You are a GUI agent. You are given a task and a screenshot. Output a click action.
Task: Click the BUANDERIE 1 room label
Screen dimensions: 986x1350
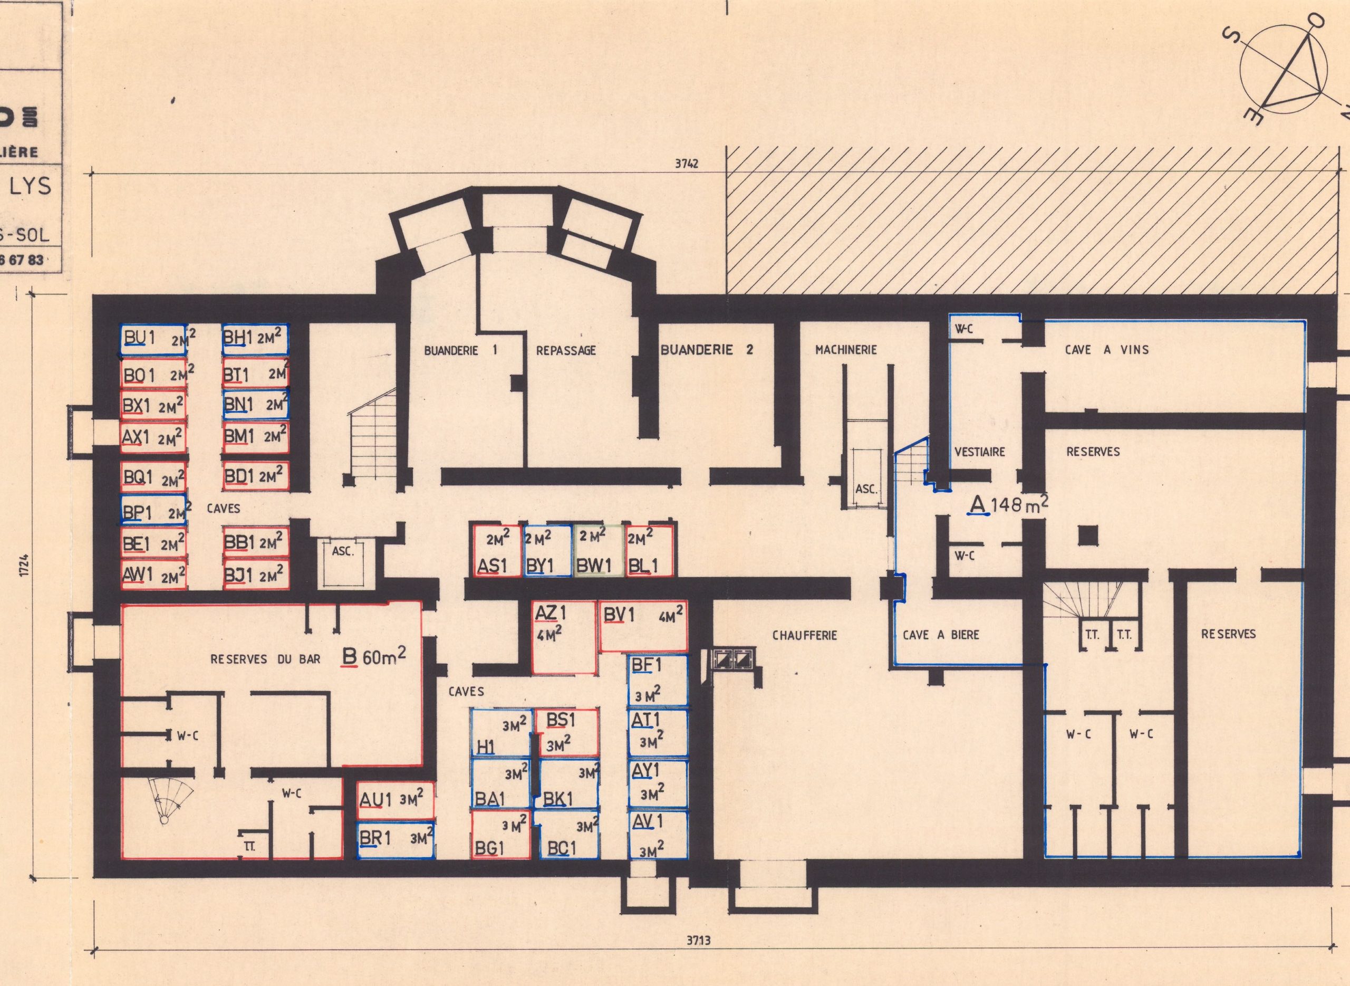point(460,351)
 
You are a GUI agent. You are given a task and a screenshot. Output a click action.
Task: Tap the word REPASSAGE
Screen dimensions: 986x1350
point(565,351)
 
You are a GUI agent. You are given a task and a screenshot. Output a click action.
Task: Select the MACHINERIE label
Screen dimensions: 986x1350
point(846,350)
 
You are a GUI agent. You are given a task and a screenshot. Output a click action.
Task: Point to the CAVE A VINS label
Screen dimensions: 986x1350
point(1106,350)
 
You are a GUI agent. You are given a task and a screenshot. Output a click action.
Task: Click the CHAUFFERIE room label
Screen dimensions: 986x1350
point(804,635)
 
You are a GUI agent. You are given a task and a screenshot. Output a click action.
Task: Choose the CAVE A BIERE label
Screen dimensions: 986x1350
point(941,635)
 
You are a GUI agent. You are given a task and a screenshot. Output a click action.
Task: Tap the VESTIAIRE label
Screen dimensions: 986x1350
point(979,452)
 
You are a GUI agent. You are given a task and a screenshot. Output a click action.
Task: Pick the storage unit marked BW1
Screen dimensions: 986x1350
point(599,550)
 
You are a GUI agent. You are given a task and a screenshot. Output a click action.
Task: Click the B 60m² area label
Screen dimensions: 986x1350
point(373,657)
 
